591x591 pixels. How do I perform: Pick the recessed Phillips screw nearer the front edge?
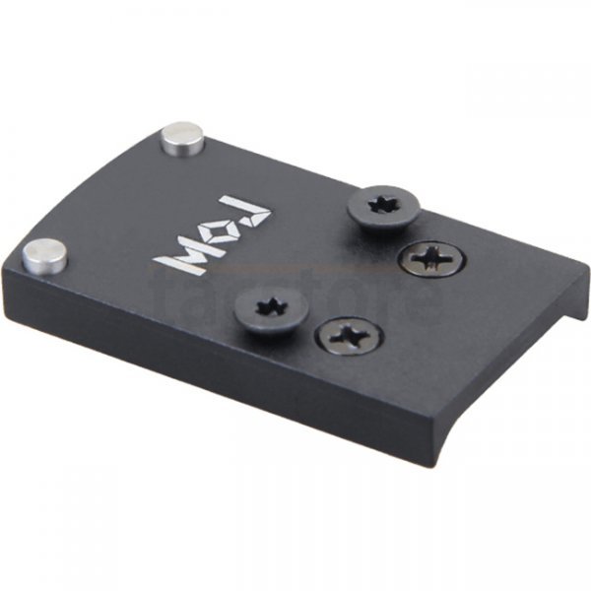350,338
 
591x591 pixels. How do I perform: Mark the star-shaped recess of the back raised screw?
383,205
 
